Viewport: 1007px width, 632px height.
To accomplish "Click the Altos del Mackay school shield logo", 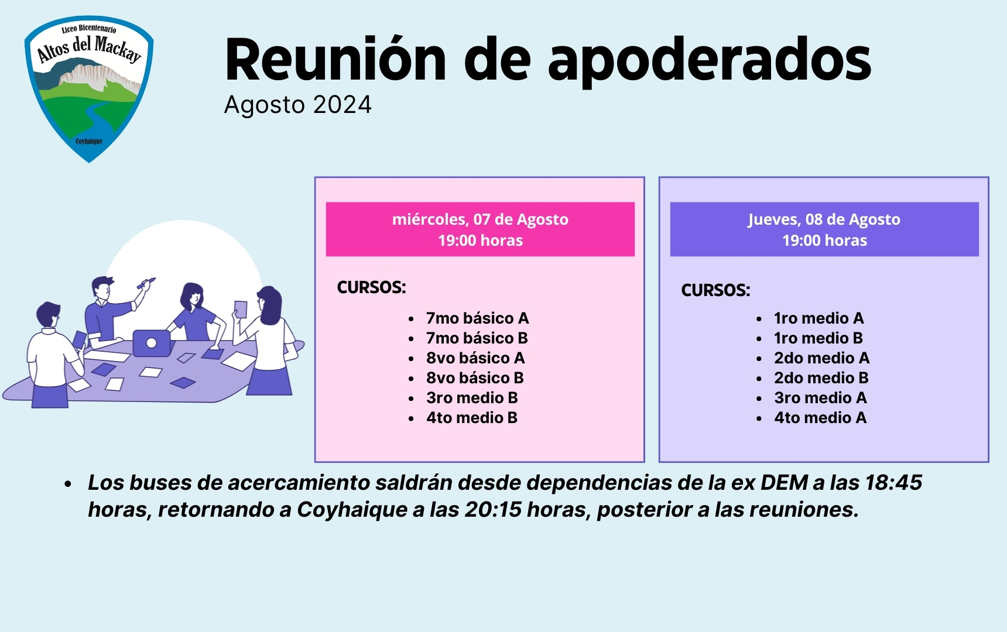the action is [x=89, y=89].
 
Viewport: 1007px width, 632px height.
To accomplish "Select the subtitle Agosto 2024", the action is [x=298, y=105].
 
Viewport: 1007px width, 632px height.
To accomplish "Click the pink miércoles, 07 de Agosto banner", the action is [x=480, y=229].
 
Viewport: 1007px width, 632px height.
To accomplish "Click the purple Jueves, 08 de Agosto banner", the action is [x=824, y=229].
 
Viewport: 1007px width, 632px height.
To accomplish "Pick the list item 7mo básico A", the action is [x=477, y=318].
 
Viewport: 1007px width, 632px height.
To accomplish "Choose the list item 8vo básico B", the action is [x=475, y=378].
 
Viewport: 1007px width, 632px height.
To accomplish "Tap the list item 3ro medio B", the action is [x=472, y=398].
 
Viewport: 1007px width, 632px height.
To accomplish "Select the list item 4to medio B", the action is [x=472, y=418].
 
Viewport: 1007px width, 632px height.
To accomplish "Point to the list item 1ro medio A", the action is [x=819, y=318].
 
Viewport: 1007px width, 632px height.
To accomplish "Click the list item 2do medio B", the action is [x=821, y=378].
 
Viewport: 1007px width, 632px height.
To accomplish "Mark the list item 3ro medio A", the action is [x=820, y=398].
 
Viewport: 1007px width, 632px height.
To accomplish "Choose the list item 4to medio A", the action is [x=820, y=418].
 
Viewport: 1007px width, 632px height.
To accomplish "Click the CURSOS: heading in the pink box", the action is [x=371, y=287].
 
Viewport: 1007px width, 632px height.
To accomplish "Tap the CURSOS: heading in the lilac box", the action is [x=715, y=290].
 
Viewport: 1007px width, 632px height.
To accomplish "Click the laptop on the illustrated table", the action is [x=152, y=343].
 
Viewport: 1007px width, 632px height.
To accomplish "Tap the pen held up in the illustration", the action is [x=146, y=283].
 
